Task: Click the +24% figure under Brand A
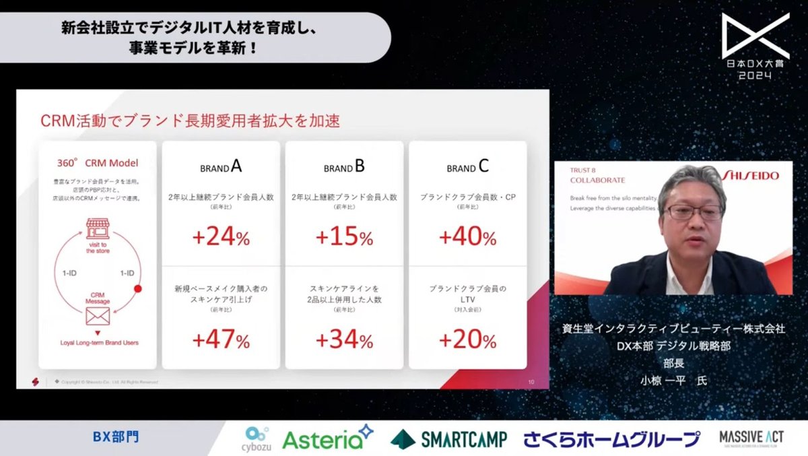[x=221, y=237]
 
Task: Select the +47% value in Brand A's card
[x=221, y=340]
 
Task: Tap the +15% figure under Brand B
[x=344, y=237]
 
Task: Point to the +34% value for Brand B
[x=344, y=340]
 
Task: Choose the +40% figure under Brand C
[x=467, y=237]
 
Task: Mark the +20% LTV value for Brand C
[x=467, y=340]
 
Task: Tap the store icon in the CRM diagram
[x=98, y=228]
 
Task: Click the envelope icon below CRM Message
[x=98, y=317]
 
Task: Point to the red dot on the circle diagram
[x=137, y=289]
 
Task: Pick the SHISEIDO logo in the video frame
[x=751, y=175]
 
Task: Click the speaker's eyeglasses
[x=694, y=212]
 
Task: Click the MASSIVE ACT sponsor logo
[x=751, y=438]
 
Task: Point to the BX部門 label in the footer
[x=116, y=437]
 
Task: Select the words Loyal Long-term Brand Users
[x=98, y=343]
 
